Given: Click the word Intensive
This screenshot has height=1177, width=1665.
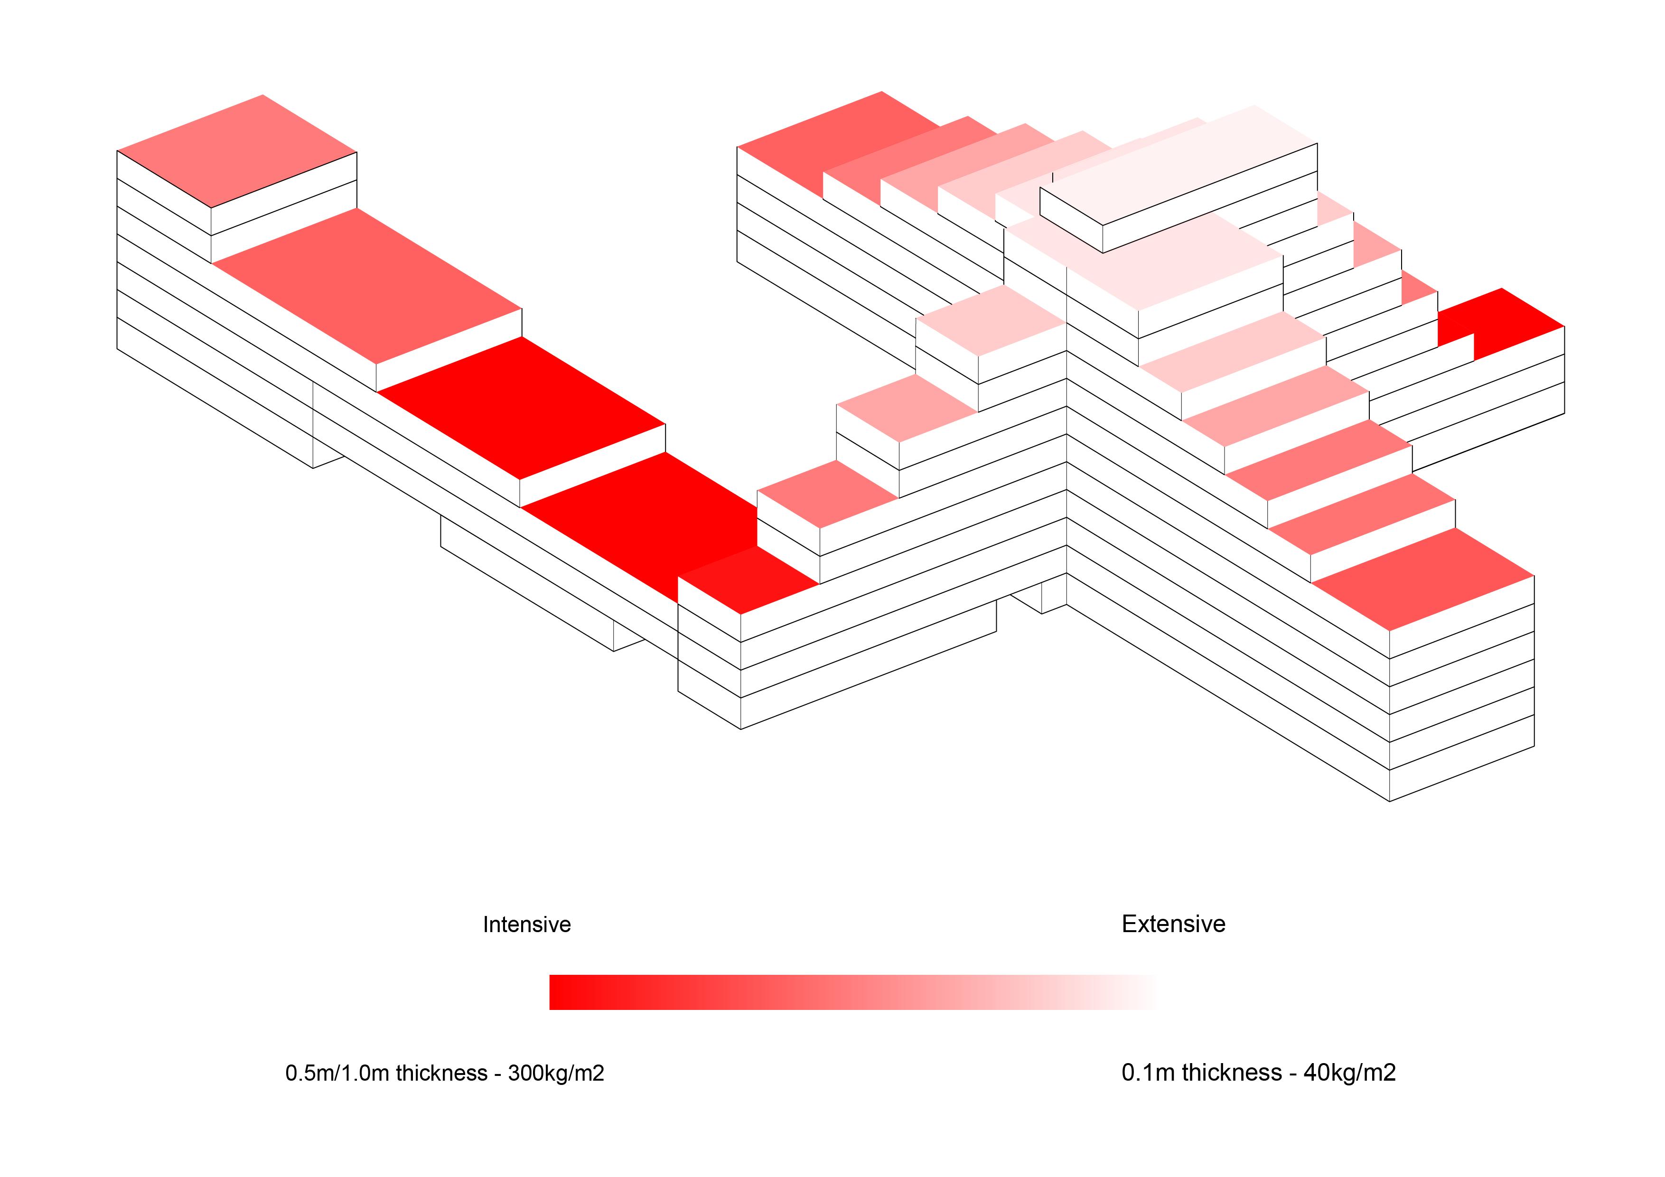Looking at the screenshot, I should click(x=526, y=925).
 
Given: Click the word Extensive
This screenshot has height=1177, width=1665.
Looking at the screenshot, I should click(x=1173, y=924).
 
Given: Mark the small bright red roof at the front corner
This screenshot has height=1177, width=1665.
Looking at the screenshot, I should click(x=747, y=580).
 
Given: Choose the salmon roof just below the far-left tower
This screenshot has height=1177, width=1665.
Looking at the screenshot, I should click(x=366, y=285).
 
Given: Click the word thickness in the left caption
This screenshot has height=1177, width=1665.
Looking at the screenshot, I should click(x=441, y=1073).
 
